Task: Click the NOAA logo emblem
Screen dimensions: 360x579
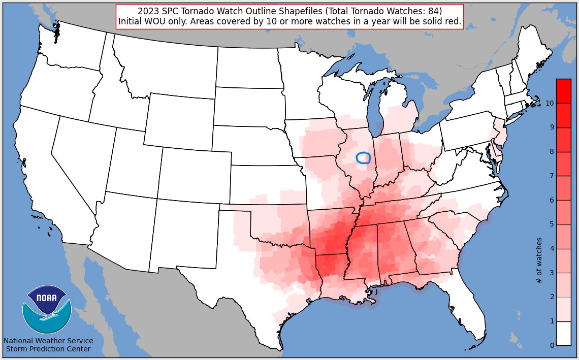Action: point(47,309)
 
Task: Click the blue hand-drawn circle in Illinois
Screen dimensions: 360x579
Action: point(363,158)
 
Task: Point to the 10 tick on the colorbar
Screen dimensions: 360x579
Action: point(550,103)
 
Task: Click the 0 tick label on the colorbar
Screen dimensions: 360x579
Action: point(552,346)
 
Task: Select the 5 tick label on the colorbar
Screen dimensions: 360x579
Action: point(552,224)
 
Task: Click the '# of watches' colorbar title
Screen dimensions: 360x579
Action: point(539,260)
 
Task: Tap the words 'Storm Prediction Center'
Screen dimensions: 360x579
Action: point(48,349)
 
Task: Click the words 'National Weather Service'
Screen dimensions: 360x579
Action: point(48,341)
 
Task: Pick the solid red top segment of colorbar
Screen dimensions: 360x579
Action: point(564,91)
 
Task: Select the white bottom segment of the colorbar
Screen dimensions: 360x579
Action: point(564,334)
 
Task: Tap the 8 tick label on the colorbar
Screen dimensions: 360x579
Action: point(552,152)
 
